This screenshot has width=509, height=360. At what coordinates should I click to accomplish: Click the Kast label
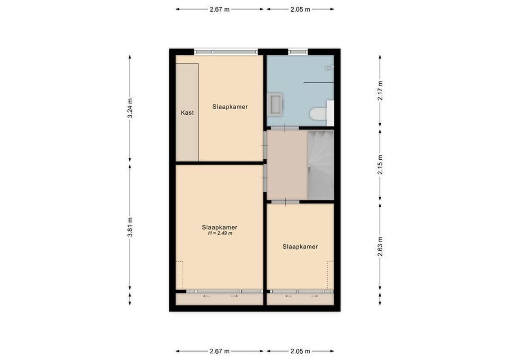coord(187,112)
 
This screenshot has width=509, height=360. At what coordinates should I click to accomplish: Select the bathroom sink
coord(275,104)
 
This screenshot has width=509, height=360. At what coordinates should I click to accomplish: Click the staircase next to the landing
coord(320,164)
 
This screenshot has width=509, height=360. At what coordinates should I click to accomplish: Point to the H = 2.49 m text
coord(220,234)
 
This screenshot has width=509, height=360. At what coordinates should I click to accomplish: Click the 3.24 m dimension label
coord(130,108)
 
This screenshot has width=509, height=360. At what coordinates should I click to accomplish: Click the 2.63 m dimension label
coord(380,247)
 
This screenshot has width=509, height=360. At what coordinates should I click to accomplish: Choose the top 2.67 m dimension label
coord(220,9)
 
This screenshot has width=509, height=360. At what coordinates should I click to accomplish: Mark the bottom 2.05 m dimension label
coord(300,351)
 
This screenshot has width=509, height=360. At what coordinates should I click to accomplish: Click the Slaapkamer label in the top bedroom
coord(230,107)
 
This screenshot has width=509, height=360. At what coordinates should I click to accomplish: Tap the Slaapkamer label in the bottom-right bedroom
coord(300,247)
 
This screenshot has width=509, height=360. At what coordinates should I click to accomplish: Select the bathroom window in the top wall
coord(297,52)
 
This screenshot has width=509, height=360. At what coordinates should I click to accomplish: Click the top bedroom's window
coord(226,52)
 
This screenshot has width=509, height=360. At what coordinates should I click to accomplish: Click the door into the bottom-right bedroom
coord(285,202)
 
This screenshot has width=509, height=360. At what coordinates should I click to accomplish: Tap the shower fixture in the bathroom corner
coord(329,68)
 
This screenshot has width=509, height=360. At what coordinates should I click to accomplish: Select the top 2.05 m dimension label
coord(300,9)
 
